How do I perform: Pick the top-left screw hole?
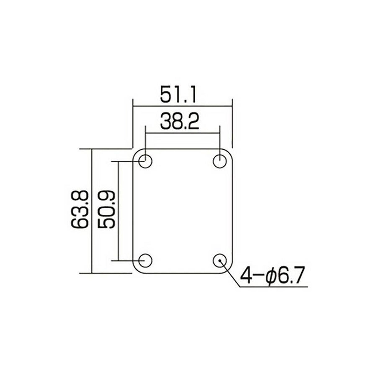pyautogui.click(x=145, y=161)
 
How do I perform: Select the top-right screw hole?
pyautogui.click(x=220, y=161)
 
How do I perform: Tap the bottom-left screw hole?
pyautogui.click(x=145, y=260)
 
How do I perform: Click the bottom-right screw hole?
pyautogui.click(x=220, y=260)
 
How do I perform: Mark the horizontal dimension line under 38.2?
pyautogui.click(x=182, y=133)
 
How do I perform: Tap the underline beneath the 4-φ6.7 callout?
pyautogui.click(x=273, y=286)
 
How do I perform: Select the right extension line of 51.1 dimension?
pyautogui.click(x=232, y=124)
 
